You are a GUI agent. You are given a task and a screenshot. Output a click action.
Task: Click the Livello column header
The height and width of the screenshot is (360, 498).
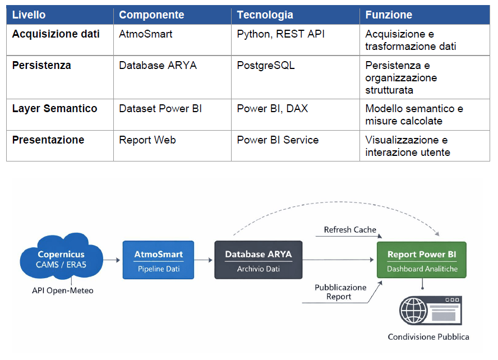(x=29, y=15)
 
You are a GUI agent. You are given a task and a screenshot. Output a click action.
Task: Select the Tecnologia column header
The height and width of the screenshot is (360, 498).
(x=265, y=15)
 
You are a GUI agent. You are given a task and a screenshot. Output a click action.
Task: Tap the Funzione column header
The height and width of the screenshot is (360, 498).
(x=389, y=15)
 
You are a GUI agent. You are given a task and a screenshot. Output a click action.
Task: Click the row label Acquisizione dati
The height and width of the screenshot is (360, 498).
(x=56, y=34)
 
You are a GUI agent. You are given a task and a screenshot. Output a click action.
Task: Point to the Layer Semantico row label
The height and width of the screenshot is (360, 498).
(x=54, y=109)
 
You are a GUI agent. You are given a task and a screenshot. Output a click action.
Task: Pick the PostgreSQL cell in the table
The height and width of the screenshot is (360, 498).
(x=266, y=66)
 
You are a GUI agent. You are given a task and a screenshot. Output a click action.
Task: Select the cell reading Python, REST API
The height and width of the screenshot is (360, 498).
(x=281, y=34)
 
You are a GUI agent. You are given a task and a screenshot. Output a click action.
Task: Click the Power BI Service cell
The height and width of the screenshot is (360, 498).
(x=278, y=140)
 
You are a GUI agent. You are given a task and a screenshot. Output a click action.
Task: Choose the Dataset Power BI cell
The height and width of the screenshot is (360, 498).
(x=160, y=109)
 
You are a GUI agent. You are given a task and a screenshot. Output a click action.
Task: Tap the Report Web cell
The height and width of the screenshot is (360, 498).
(x=147, y=140)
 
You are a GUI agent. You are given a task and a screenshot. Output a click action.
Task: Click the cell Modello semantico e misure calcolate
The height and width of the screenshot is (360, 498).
(x=414, y=114)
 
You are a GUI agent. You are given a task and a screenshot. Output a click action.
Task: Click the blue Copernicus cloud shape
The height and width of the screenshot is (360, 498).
(x=61, y=256)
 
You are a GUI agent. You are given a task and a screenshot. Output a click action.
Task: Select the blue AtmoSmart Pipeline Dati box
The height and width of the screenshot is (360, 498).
(x=159, y=260)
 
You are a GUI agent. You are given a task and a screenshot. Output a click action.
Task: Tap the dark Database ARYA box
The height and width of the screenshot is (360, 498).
(x=259, y=260)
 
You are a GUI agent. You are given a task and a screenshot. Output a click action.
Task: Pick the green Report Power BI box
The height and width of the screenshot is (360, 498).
(x=422, y=260)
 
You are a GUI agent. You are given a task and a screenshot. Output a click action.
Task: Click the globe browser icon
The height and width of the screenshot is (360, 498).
(x=431, y=311)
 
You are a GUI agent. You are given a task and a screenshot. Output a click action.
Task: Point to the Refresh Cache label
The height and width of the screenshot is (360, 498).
(x=350, y=230)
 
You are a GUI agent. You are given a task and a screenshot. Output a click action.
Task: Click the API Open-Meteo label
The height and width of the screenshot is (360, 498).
(x=63, y=291)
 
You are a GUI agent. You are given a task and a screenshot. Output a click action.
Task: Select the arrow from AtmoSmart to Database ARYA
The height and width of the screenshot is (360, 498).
(x=203, y=260)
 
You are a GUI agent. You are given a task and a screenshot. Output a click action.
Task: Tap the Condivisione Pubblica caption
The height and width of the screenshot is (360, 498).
(x=428, y=337)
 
